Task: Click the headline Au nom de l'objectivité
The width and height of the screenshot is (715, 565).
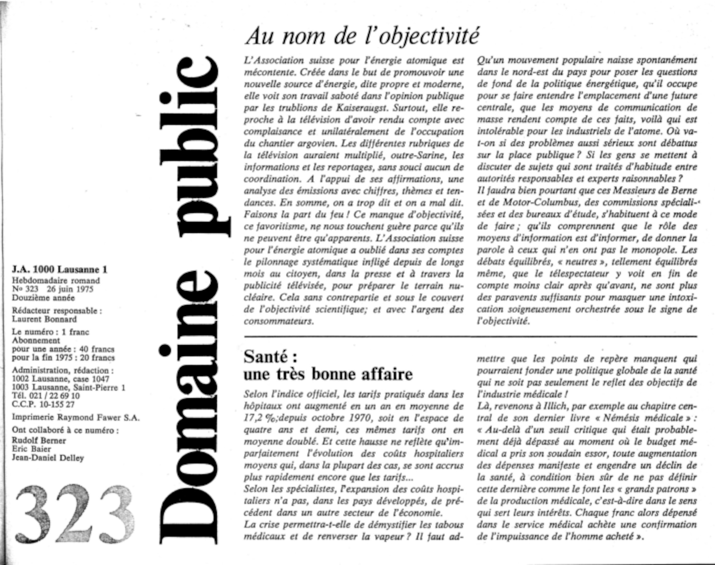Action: (362, 36)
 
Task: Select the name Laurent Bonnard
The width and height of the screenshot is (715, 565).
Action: (44, 319)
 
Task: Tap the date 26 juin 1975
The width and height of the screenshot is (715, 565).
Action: (72, 289)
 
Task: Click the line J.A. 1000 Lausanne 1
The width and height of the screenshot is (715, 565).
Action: (60, 270)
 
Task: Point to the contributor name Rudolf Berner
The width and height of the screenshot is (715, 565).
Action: (39, 441)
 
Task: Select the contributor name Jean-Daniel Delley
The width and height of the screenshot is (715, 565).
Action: (48, 458)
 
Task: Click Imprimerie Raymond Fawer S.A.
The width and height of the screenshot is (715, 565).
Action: (76, 417)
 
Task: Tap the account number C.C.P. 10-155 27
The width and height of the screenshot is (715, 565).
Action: (43, 404)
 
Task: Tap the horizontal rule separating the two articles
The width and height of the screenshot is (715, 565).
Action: (470, 336)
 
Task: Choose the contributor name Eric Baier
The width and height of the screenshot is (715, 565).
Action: (31, 449)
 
